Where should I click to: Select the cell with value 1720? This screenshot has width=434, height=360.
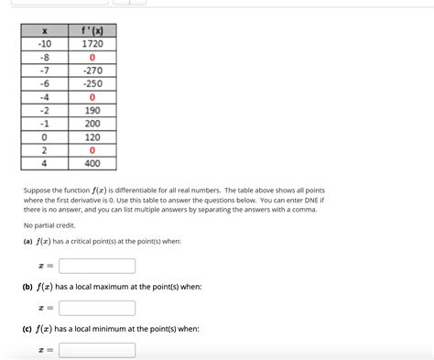(92, 44)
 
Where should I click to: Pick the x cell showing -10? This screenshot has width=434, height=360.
(44, 44)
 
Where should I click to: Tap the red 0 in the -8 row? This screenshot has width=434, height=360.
(92, 58)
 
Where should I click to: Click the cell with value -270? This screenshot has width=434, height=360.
(92, 71)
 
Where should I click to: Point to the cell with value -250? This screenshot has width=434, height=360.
(92, 83)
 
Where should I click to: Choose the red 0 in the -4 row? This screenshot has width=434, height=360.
(92, 96)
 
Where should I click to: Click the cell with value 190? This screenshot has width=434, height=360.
(92, 110)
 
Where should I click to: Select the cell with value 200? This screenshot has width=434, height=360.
(92, 123)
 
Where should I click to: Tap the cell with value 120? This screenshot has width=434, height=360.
(92, 136)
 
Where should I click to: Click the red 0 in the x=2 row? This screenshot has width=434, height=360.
(92, 149)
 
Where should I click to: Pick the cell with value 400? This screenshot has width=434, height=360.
(92, 163)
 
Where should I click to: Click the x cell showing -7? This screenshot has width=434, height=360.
(44, 71)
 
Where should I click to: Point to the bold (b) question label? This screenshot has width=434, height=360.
(27, 287)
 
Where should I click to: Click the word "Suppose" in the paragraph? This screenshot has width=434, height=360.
(39, 189)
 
